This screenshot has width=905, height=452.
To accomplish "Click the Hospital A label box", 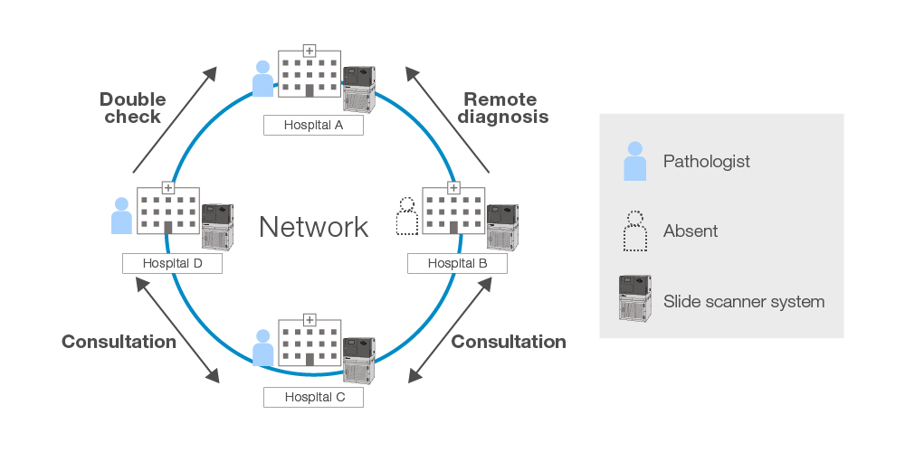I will coord(313,126).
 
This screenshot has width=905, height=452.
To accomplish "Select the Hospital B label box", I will coord(457,263).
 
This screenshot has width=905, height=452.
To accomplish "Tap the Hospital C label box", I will coord(313,397).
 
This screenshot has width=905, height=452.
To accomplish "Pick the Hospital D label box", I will coord(172,263).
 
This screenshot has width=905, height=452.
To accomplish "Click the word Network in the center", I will coord(313,227).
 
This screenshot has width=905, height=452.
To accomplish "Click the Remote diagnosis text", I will coord(502,108).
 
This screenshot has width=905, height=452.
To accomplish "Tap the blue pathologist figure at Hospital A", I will coord(262,79).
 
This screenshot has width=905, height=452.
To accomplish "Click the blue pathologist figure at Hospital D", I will coord(121,217).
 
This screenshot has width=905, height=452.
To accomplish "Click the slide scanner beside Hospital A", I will coord(359,88).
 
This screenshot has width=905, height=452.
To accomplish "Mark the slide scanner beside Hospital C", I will coord(359,360).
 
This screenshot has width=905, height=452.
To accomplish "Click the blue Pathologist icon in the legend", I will coord(634,161).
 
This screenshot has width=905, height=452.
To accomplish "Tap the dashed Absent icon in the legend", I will coord(634,231).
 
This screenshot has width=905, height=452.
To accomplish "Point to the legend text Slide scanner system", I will coord(744,301).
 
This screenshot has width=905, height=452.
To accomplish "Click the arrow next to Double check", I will coord(175,118).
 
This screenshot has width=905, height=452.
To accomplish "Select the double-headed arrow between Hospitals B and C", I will coord(450,330).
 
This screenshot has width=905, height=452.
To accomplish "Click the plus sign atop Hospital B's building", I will coord(453,187).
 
